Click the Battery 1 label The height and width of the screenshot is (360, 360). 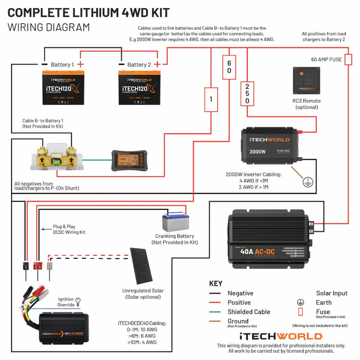tap(62, 64)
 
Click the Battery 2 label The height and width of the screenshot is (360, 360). tap(140, 64)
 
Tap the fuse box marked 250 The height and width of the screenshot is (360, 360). tap(247, 94)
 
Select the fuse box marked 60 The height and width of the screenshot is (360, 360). tap(229, 67)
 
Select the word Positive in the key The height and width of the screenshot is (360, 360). tap(239, 302)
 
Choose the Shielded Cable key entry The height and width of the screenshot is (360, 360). tap(249, 312)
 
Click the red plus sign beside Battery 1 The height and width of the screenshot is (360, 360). tap(81, 64)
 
